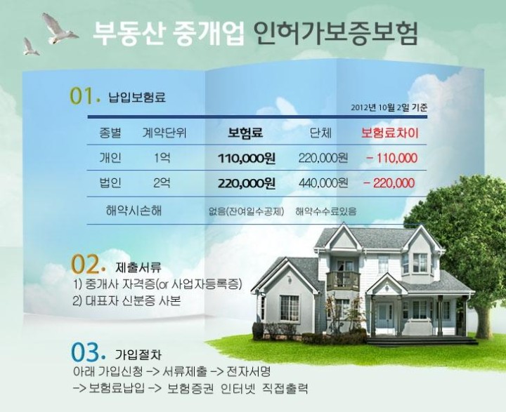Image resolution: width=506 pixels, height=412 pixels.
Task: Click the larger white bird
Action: (58, 28)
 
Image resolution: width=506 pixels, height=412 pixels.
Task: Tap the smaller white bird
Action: (30, 47)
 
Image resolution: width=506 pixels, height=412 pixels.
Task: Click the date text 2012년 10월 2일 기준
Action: (389, 107)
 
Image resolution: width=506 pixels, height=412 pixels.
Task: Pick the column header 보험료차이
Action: (390, 133)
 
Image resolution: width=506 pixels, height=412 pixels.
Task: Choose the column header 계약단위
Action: (164, 133)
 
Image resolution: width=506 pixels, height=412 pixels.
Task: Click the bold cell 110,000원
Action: (247, 158)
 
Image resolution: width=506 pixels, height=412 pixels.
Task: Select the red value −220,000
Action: (389, 183)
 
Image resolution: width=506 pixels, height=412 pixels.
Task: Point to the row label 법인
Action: (110, 182)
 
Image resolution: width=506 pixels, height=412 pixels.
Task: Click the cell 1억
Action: (162, 158)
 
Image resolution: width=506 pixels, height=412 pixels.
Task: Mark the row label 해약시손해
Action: (134, 211)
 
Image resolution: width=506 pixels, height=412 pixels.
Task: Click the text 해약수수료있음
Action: (326, 211)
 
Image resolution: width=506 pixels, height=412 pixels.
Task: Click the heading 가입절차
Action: (138, 355)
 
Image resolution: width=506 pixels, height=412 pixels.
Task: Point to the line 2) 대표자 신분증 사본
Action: (126, 301)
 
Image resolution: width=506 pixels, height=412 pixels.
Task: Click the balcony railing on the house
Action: (343, 281)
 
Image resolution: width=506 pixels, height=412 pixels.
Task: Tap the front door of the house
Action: (384, 317)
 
